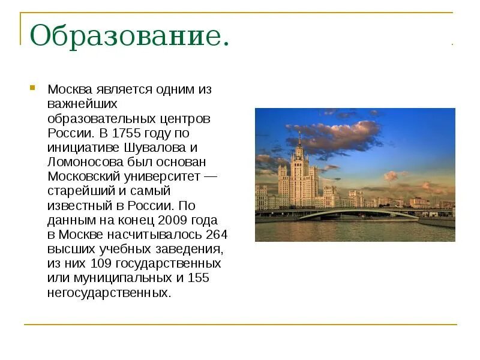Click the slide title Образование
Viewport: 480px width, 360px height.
click(x=130, y=37)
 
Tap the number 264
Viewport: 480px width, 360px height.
click(x=216, y=234)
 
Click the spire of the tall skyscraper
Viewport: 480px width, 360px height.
click(x=298, y=136)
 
